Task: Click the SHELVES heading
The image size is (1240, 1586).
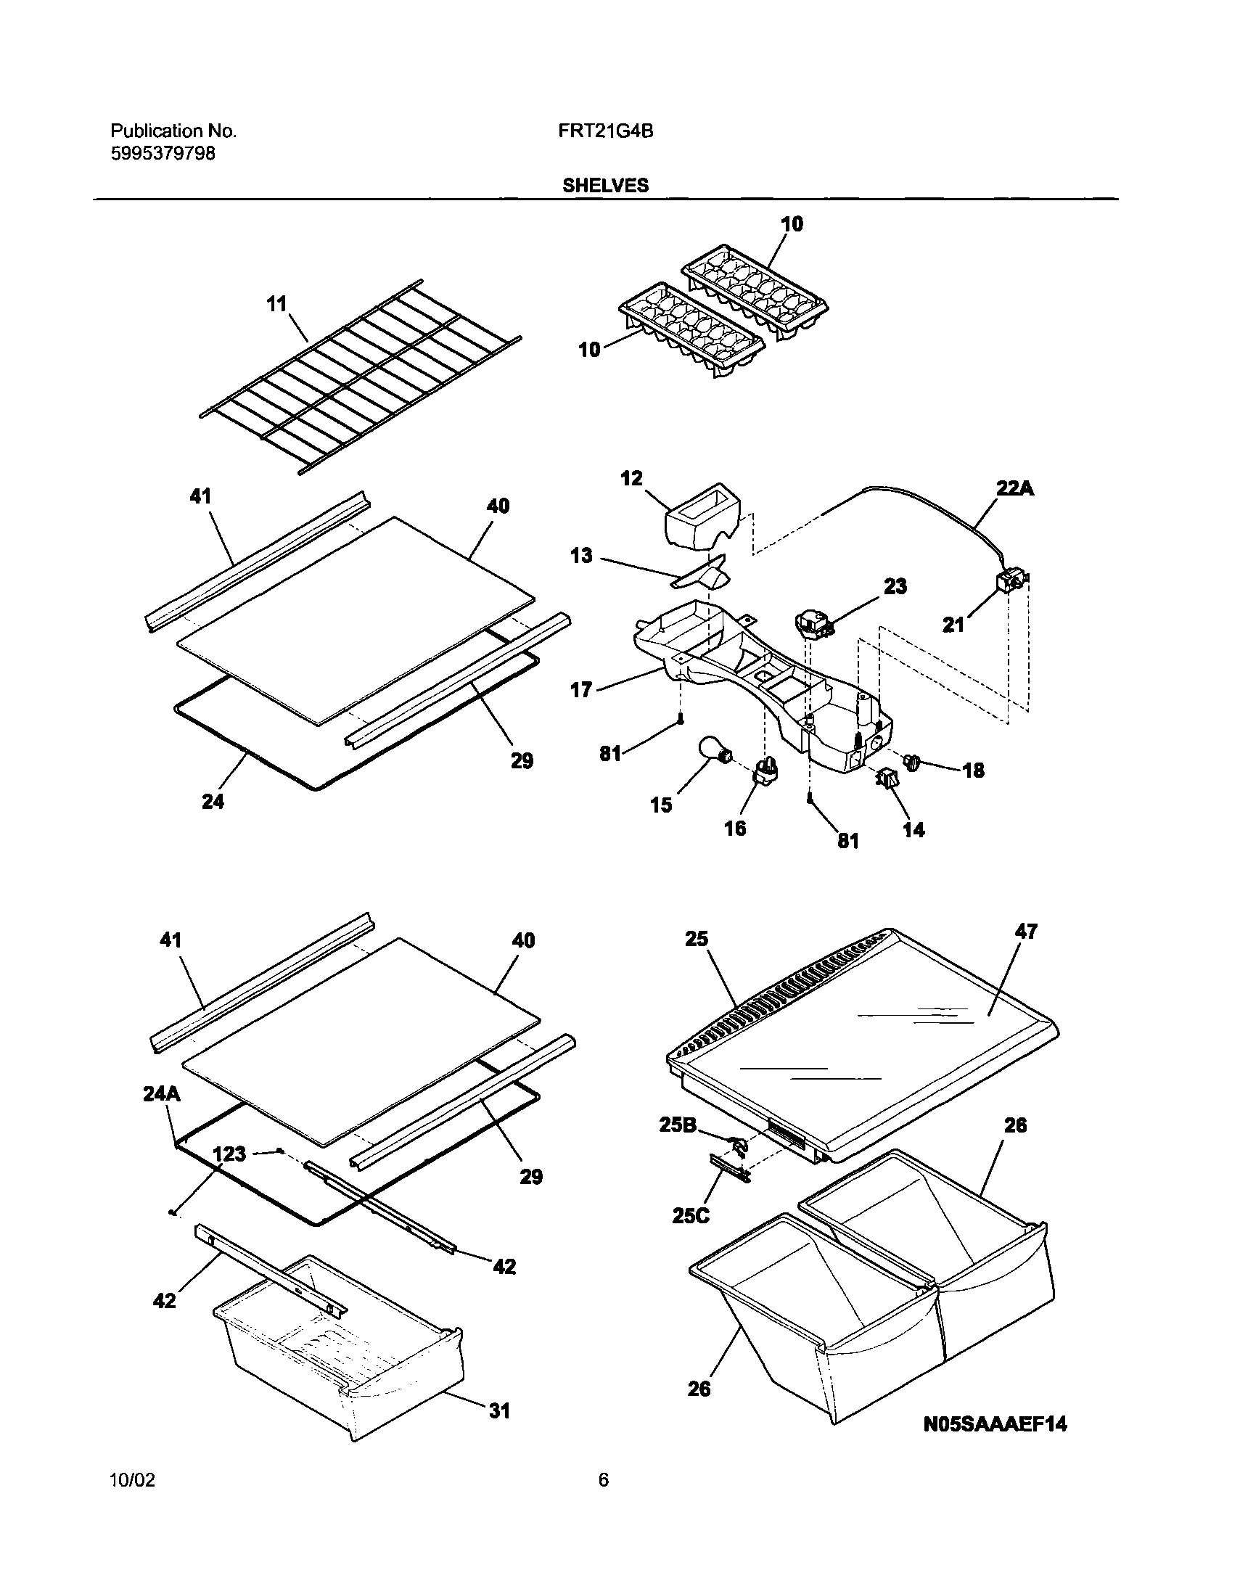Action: (605, 186)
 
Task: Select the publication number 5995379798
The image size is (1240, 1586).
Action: (163, 153)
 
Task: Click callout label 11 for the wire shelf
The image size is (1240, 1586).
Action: (276, 303)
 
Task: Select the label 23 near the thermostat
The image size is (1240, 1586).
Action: (895, 586)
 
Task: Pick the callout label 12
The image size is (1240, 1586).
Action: (632, 478)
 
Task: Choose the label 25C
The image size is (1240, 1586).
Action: (690, 1215)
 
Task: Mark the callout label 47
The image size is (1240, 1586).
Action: (1026, 931)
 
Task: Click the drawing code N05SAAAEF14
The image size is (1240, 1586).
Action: (995, 1425)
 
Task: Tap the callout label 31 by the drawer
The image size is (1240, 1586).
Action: (499, 1411)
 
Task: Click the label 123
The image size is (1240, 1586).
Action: (229, 1154)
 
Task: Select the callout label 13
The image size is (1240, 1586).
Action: (581, 556)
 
